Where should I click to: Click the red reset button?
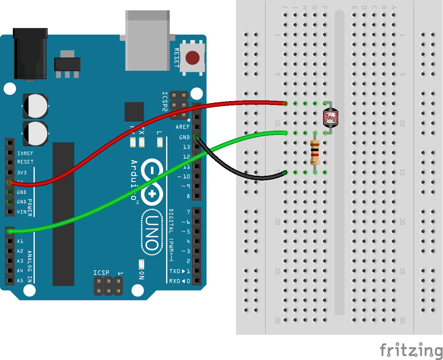pyautogui.click(x=193, y=58)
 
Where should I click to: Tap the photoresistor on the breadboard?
pyautogui.click(x=330, y=117)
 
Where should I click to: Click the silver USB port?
pyautogui.click(x=147, y=40)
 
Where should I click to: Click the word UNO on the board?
pyautogui.click(x=152, y=233)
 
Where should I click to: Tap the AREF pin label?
pyautogui.click(x=183, y=127)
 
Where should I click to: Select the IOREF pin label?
pyautogui.click(x=25, y=153)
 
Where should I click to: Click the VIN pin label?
pyautogui.click(x=22, y=212)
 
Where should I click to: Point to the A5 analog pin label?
pyautogui.click(x=20, y=280)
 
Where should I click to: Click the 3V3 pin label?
pyautogui.click(x=22, y=172)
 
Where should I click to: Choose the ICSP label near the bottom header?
pyautogui.click(x=101, y=273)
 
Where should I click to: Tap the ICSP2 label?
pyautogui.click(x=165, y=101)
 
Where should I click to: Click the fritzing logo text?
pyautogui.click(x=411, y=350)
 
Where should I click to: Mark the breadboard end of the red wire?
pyautogui.click(x=285, y=104)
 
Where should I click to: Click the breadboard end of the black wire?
pyautogui.click(x=285, y=172)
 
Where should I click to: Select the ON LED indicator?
pyautogui.click(x=141, y=264)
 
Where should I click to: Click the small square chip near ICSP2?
pyautogui.click(x=134, y=112)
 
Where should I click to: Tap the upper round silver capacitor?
pyautogui.click(x=35, y=106)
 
